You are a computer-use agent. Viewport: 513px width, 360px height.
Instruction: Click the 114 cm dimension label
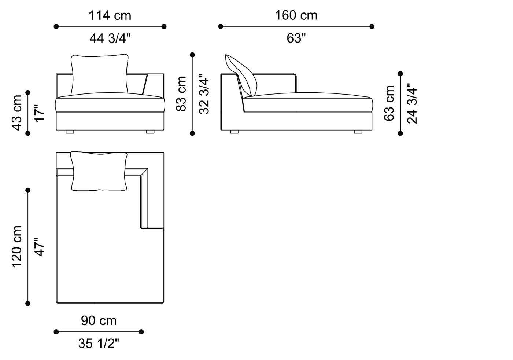(110, 15)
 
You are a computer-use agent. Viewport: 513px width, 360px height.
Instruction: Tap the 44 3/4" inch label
(110, 38)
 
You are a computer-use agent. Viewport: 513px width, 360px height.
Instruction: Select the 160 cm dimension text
(296, 15)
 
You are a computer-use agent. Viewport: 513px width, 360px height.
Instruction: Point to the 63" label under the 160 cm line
(296, 38)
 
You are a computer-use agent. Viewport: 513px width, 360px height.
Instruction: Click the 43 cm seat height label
(17, 113)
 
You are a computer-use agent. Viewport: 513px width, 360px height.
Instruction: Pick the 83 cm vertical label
(181, 94)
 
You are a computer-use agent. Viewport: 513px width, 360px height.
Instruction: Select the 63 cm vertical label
(389, 103)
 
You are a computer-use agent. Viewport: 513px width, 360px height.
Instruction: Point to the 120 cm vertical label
(17, 247)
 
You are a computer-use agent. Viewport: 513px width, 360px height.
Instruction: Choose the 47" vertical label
(40, 247)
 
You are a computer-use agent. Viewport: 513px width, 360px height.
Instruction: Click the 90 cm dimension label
(99, 321)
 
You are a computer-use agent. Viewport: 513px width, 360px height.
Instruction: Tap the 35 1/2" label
(99, 344)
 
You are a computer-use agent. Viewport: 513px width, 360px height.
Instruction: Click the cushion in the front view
(99, 74)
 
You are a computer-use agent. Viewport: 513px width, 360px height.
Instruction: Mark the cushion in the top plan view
(99, 171)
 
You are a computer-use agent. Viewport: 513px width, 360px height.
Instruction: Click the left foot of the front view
(70, 132)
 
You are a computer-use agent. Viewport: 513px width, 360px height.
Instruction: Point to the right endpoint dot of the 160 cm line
(372, 26)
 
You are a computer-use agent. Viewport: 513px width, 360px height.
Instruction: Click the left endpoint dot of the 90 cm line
(56, 332)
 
